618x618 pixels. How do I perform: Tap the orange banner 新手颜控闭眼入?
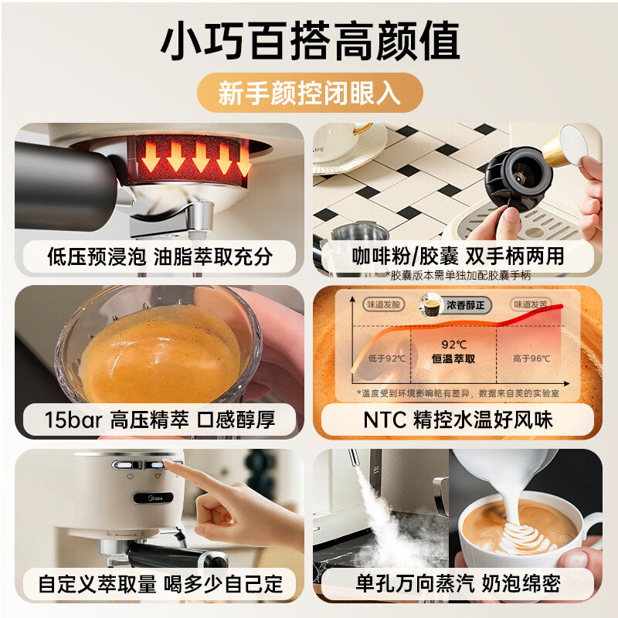(x=309, y=94)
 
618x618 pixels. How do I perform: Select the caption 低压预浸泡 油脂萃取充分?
(x=159, y=256)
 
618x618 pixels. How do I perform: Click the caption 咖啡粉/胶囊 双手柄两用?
(x=457, y=256)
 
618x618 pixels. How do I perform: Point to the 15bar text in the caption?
(x=70, y=419)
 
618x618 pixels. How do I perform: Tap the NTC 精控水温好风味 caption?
(x=457, y=419)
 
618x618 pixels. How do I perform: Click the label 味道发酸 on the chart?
(x=384, y=304)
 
